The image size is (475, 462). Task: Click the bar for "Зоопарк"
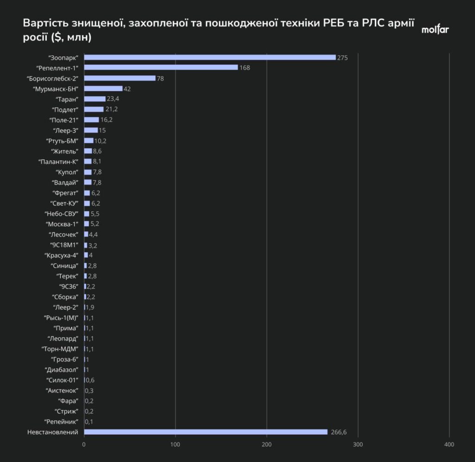[x=210, y=57]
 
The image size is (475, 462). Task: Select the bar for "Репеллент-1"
[x=161, y=67]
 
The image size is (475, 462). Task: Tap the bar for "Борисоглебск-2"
[x=120, y=78]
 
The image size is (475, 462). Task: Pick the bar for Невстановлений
[x=205, y=432]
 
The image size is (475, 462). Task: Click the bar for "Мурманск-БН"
[x=103, y=89]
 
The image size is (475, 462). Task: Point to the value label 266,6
[x=339, y=432]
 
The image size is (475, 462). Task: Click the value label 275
[x=342, y=58]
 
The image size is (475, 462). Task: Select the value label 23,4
[x=113, y=99]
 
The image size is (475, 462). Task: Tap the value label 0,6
[x=90, y=380]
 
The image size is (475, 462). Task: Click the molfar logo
[x=435, y=29]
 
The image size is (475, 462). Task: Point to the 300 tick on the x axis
[x=358, y=444]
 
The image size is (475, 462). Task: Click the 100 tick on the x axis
[x=175, y=444]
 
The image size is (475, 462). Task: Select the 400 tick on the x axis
[x=449, y=444]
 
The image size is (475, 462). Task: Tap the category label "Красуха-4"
[x=61, y=255]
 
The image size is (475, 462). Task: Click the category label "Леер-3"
[x=65, y=130]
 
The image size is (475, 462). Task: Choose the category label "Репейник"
[x=61, y=422]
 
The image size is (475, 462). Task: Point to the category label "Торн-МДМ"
[x=60, y=349]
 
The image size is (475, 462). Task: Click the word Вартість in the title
[x=46, y=23]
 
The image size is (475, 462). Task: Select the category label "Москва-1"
[x=62, y=224]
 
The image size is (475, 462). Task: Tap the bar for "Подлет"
[x=94, y=109]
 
